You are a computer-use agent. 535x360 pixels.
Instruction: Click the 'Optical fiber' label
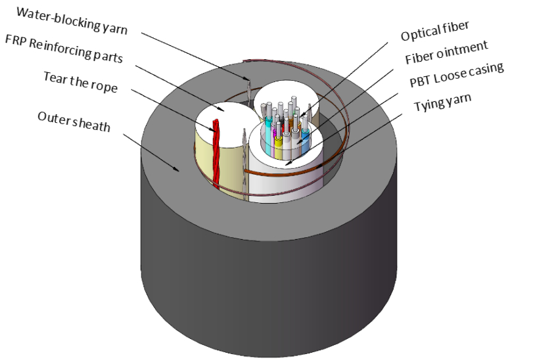click(436, 30)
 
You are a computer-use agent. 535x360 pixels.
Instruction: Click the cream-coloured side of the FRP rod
click(223, 164)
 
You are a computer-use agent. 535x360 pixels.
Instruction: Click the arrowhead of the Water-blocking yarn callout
click(248, 79)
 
